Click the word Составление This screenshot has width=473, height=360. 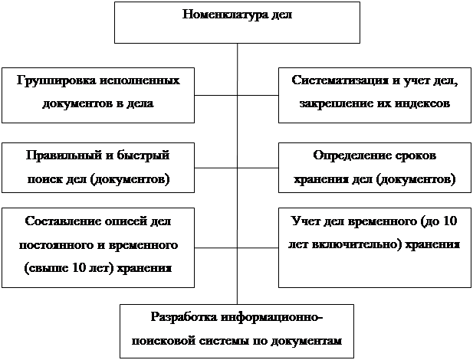pos(63,221)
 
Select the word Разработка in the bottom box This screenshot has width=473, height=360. pos(184,317)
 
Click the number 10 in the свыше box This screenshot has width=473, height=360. pos(79,268)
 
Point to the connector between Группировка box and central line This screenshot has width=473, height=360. pos(215,96)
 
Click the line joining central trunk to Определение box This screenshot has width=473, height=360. pos(258,168)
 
